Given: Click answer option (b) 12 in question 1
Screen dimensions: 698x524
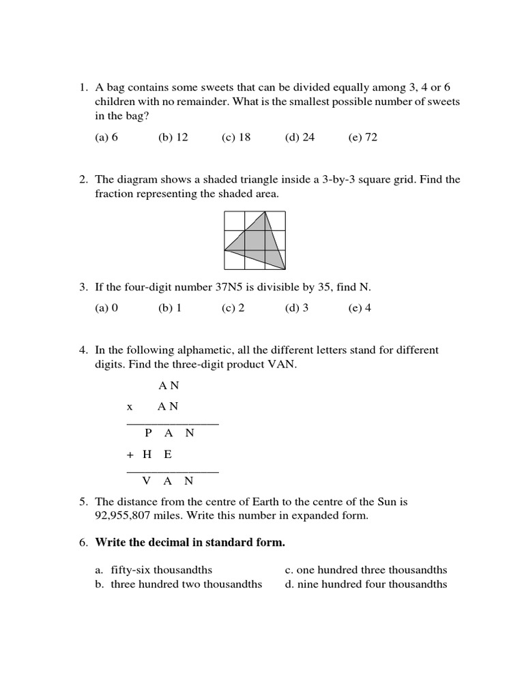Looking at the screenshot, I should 173,137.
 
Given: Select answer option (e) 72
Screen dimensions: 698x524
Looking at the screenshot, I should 362,137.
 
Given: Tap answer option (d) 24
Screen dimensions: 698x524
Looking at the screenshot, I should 300,137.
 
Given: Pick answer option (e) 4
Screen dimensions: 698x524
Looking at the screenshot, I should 360,307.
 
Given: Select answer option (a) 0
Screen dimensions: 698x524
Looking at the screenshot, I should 106,307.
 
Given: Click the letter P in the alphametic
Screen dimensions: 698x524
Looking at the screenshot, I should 149,433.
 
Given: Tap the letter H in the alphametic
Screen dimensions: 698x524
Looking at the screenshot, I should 147,455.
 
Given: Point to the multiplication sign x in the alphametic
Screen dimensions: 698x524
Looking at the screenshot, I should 130,407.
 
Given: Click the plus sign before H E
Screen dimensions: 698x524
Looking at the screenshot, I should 130,455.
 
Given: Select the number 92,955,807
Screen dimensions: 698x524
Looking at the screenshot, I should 126,516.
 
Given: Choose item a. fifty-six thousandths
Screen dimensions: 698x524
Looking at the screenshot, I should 154,570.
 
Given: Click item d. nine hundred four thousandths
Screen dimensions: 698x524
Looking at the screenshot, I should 366,584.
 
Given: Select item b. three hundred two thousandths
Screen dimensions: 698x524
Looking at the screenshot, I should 179,584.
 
